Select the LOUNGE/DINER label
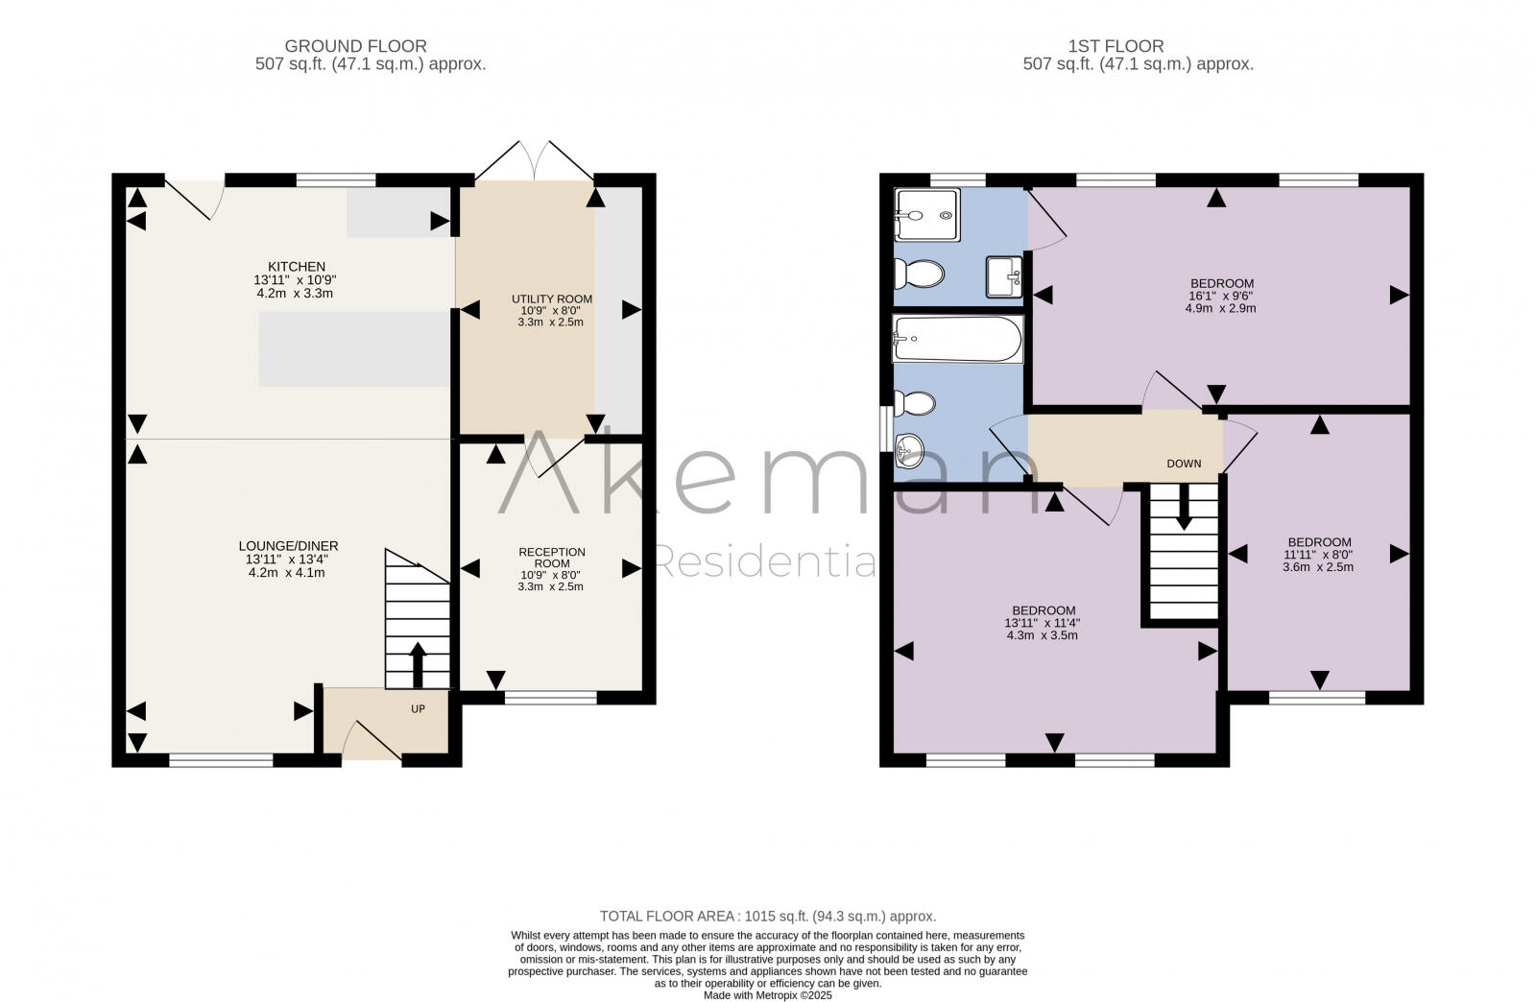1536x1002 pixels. (292, 546)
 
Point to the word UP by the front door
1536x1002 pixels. (418, 709)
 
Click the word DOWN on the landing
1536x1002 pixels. (1184, 464)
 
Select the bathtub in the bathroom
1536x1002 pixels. (957, 339)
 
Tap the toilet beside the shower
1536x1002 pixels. (920, 274)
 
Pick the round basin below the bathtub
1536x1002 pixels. (908, 447)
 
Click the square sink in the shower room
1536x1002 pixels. (1004, 276)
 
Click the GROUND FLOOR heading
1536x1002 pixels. (355, 46)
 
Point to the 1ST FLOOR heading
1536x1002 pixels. (1116, 46)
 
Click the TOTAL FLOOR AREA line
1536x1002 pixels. (767, 916)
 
